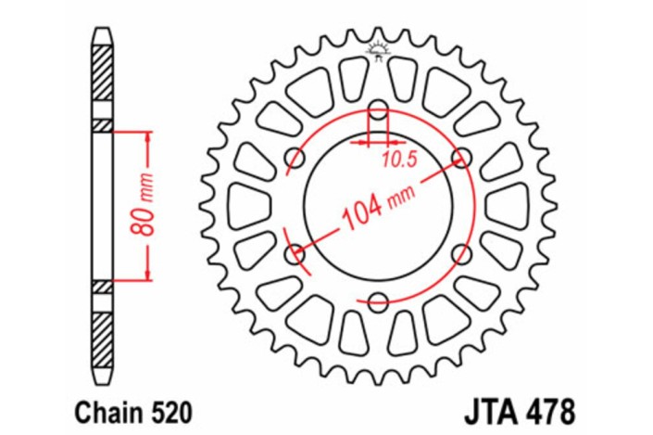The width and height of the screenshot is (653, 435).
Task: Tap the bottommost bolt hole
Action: tap(378, 300)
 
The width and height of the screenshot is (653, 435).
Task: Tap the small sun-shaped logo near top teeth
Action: tap(378, 48)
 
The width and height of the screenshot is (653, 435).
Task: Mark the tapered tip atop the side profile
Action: tap(103, 36)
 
